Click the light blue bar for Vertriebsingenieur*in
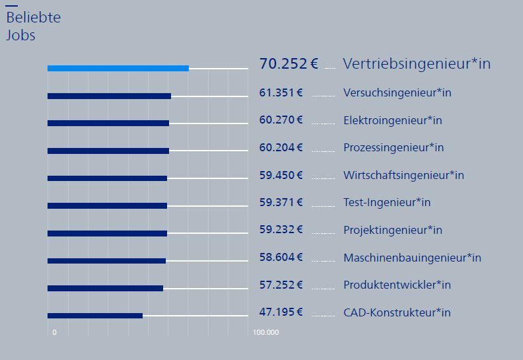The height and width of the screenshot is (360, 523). (x=118, y=68)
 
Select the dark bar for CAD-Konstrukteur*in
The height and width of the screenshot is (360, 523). (x=95, y=316)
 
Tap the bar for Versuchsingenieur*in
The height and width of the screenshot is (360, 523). (x=109, y=96)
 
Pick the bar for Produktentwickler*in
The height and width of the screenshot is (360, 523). (x=105, y=288)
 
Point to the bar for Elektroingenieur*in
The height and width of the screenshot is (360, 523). (x=108, y=123)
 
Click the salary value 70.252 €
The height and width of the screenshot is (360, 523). (x=289, y=63)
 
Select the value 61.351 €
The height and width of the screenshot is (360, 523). (x=281, y=92)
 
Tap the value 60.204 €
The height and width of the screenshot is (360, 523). (x=281, y=147)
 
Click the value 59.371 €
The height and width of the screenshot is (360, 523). (x=281, y=202)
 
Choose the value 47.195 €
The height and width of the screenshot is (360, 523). (x=281, y=312)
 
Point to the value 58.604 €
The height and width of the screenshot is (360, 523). (x=281, y=257)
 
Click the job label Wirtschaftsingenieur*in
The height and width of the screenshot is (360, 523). (x=403, y=175)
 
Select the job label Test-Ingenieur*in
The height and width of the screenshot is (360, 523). (x=386, y=202)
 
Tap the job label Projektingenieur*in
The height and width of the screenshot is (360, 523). (x=392, y=230)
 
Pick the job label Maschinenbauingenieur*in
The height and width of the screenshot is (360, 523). (x=412, y=258)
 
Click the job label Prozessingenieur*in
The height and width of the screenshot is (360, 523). (x=393, y=147)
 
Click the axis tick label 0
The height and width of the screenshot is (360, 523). (x=54, y=332)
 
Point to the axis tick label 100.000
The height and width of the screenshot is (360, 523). (x=265, y=332)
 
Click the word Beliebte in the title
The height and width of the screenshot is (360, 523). (x=33, y=18)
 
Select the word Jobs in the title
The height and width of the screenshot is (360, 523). (x=20, y=36)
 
